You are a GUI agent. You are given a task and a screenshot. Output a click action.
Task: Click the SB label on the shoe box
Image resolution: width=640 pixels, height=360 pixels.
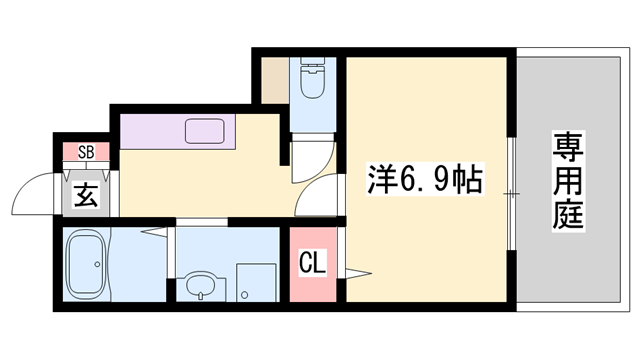pos(86,152)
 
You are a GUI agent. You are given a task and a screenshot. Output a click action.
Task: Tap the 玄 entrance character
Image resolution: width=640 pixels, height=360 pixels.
pos(86,195)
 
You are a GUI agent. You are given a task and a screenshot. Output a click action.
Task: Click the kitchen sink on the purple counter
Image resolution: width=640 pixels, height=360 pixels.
pos(205,131)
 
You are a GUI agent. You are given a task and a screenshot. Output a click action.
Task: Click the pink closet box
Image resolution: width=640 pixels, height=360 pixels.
pos(314,265)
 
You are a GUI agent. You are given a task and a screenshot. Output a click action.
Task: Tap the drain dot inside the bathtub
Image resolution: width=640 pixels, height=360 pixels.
pos(96,265)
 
